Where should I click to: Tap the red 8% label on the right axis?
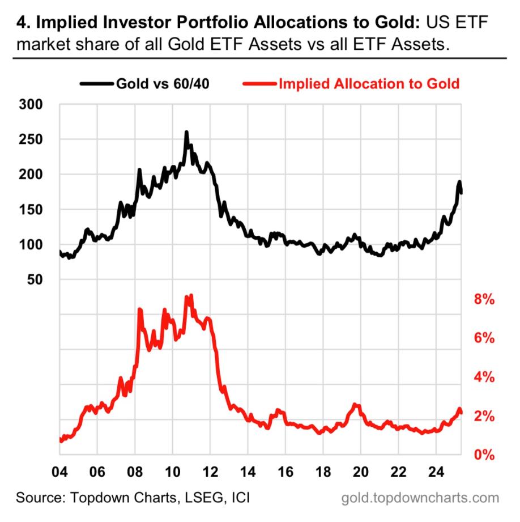pos(485,299)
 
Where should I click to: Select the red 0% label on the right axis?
pos(485,455)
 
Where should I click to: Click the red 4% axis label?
pos(485,377)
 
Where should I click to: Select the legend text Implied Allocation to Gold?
pos(369,84)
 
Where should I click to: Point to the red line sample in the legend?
pos(259,84)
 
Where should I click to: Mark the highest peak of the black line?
pos(186,133)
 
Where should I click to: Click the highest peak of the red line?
pos(191,296)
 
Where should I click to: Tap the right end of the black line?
pos(461,193)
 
